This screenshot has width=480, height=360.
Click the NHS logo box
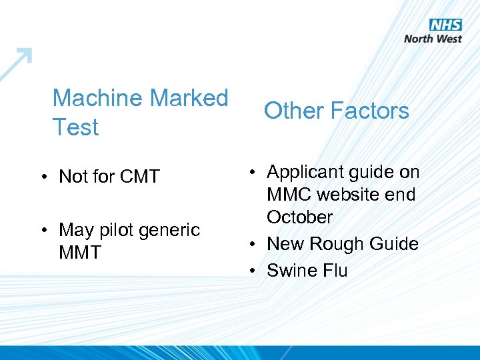pyautogui.click(x=445, y=25)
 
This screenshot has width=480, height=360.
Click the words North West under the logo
pyautogui.click(x=433, y=39)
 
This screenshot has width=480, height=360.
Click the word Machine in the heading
pyautogui.click(x=98, y=98)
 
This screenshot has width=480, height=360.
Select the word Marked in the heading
pyautogui.click(x=189, y=98)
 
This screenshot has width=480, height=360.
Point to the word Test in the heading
pyautogui.click(x=75, y=127)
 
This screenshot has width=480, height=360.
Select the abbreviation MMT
pyautogui.click(x=80, y=252)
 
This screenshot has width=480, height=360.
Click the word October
pyautogui.click(x=299, y=217)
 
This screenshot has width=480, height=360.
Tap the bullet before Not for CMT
pyautogui.click(x=42, y=177)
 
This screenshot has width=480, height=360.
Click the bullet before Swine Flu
pyautogui.click(x=253, y=271)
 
